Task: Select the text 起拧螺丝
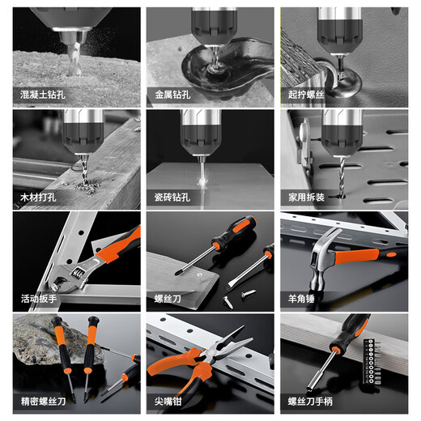[x=304, y=95]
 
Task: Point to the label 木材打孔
[x=37, y=197]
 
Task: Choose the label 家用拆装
[x=304, y=197]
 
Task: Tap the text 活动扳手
[x=37, y=299]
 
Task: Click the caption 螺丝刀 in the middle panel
[x=167, y=299]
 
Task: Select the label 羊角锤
[x=300, y=299]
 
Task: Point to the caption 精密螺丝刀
[x=41, y=401]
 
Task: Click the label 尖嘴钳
[x=167, y=401]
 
